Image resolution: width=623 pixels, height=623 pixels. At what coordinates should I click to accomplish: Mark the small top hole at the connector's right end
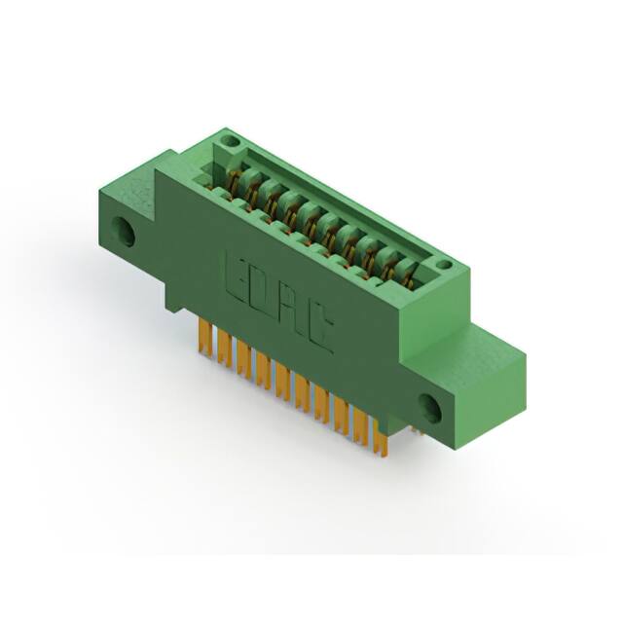coord(443,264)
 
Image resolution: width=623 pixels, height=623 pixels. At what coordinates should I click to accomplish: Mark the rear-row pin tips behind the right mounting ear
coord(413,427)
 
